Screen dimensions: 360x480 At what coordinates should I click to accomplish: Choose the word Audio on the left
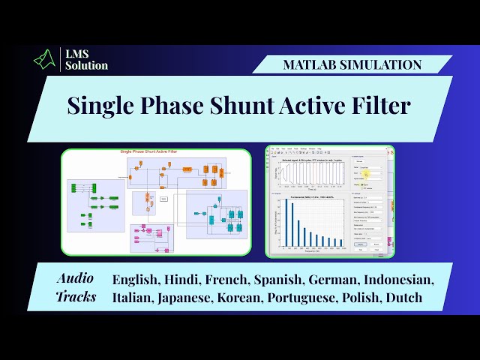tap(76, 278)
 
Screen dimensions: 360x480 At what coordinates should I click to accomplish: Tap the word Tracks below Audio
tap(76, 297)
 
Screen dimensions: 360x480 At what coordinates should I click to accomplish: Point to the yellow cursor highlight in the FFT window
tap(367, 174)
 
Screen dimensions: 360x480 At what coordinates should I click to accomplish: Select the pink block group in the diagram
tap(150, 236)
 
